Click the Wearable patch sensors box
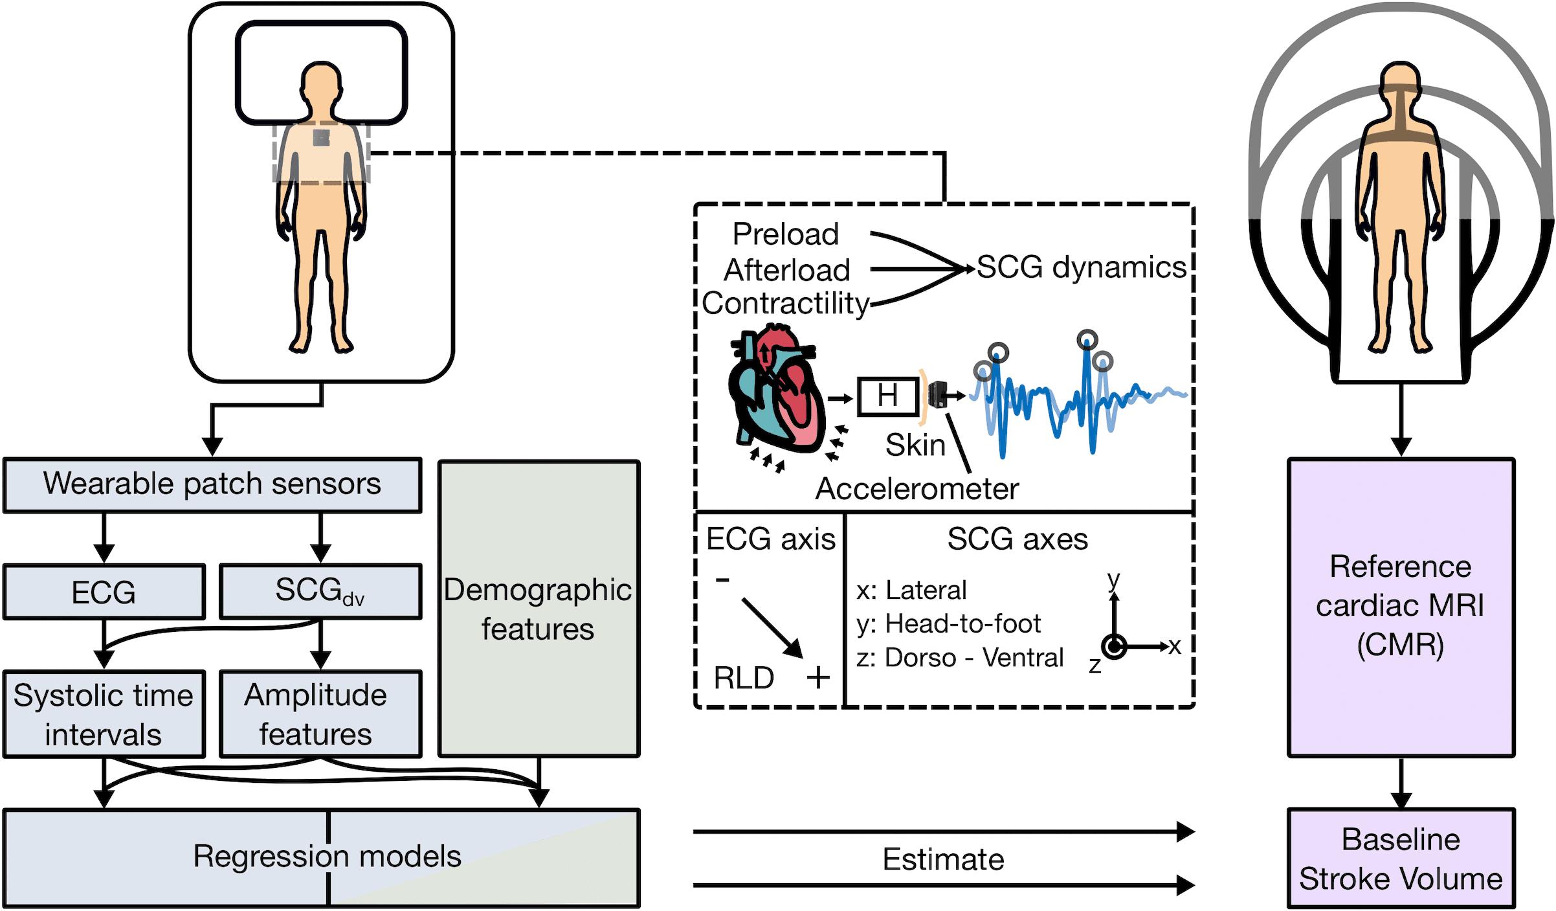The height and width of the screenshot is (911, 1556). [212, 485]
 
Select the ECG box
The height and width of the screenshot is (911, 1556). [104, 592]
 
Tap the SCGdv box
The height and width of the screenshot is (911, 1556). [320, 592]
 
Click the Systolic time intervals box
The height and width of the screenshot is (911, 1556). [104, 714]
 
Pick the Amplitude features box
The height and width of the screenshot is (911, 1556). [320, 714]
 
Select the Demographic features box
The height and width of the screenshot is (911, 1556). [539, 609]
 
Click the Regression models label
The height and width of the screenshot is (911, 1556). [327, 857]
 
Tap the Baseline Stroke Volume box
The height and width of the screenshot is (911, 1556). [1401, 859]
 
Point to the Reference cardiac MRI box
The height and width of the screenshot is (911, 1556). [1401, 607]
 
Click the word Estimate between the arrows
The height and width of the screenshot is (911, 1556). [943, 860]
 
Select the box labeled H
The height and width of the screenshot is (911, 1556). [888, 396]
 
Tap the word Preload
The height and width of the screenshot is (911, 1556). [785, 234]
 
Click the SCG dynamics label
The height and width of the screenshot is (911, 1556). [1081, 267]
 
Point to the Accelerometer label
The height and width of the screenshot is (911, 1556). [917, 489]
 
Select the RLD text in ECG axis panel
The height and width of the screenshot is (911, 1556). [744, 678]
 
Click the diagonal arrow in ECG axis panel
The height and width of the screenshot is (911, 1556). [772, 627]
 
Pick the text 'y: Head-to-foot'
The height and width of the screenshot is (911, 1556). [948, 624]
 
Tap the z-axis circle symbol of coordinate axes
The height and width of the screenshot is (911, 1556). [1114, 646]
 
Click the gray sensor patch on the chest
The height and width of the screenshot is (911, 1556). [322, 138]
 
